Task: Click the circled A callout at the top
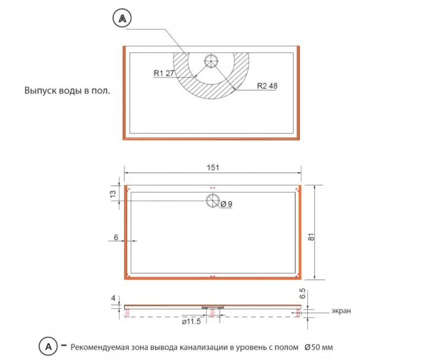(122, 18)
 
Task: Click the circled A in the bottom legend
(48, 346)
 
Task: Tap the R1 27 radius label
(164, 73)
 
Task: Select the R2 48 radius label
(267, 86)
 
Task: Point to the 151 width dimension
(213, 168)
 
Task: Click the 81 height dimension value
(311, 237)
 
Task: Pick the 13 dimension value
(113, 194)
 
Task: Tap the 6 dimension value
(116, 237)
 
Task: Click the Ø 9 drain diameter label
(226, 204)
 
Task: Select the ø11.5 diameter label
(191, 321)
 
